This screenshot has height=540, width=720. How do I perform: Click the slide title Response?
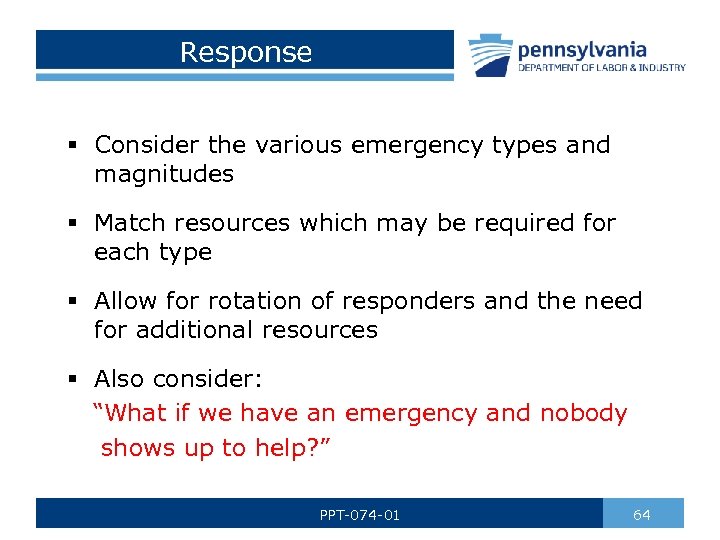[246, 52]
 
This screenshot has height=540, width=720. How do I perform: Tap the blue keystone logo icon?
[490, 54]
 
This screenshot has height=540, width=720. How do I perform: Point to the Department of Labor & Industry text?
[601, 68]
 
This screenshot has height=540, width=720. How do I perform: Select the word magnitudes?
[164, 174]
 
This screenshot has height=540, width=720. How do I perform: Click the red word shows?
[138, 448]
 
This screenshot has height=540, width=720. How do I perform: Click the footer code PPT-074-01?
[360, 515]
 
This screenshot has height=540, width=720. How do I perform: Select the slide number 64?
[642, 514]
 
